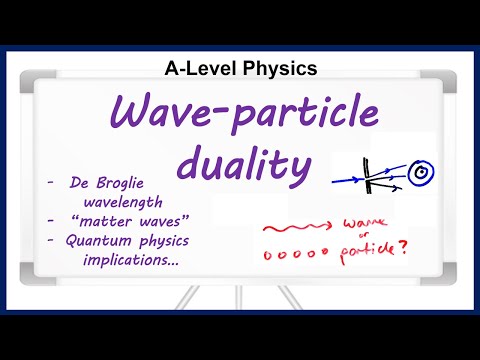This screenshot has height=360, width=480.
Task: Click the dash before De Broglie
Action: coord(49,183)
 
